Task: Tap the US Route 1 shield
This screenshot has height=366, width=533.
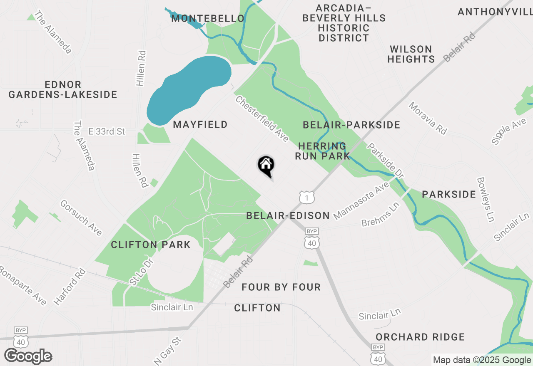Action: pyautogui.click(x=307, y=197)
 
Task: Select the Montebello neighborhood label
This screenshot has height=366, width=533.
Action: pyautogui.click(x=207, y=18)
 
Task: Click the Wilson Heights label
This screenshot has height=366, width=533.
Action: pyautogui.click(x=411, y=54)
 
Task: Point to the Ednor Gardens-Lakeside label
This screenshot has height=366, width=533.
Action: pyautogui.click(x=63, y=90)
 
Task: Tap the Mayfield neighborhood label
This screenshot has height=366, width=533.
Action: pyautogui.click(x=200, y=124)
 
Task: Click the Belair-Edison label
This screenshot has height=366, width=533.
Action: pyautogui.click(x=288, y=215)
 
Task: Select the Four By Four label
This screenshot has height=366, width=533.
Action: pyautogui.click(x=281, y=287)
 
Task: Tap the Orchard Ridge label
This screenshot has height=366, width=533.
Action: pyautogui.click(x=420, y=337)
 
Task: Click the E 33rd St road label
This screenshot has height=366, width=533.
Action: pyautogui.click(x=107, y=131)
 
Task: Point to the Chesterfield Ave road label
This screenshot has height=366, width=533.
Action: pyautogui.click(x=262, y=119)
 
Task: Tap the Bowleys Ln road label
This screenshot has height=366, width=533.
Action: pyautogui.click(x=486, y=199)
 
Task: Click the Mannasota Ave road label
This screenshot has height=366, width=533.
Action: pyautogui.click(x=361, y=200)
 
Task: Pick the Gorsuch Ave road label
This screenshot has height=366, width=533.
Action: pyautogui.click(x=81, y=218)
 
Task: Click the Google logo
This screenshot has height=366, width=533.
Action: pyautogui.click(x=28, y=356)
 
